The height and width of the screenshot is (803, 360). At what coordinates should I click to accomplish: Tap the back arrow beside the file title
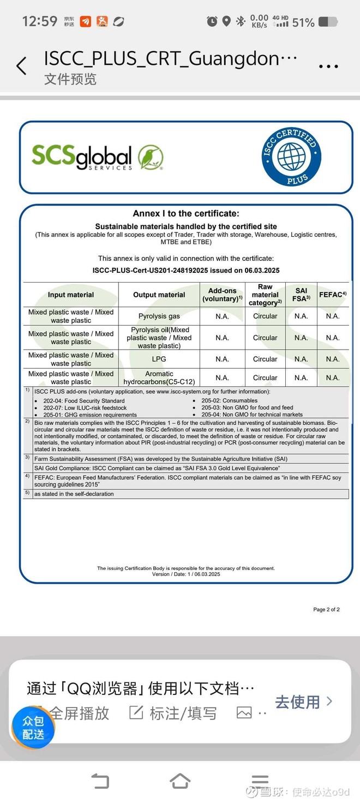pyautogui.click(x=21, y=66)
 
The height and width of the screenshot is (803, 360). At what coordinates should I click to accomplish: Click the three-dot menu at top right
pyautogui.click(x=328, y=67)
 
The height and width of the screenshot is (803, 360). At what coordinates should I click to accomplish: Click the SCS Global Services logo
pyautogui.click(x=98, y=157)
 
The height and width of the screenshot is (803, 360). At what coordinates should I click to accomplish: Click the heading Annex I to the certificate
pyautogui.click(x=186, y=214)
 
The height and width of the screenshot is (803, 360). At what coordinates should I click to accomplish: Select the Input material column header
pyautogui.click(x=71, y=295)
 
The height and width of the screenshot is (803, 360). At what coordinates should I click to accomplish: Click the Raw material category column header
pyautogui.click(x=265, y=295)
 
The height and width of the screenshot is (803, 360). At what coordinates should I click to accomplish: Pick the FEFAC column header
pyautogui.click(x=333, y=295)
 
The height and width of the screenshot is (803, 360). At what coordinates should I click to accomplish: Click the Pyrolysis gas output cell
pyautogui.click(x=159, y=316)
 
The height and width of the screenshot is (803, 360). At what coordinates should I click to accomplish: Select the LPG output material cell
pyautogui.click(x=159, y=359)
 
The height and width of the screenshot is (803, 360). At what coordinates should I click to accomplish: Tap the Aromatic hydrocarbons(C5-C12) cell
pyautogui.click(x=159, y=377)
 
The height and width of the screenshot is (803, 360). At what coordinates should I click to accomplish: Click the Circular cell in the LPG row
pyautogui.click(x=265, y=359)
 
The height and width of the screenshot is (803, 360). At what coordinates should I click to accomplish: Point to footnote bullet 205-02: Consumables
pyautogui.click(x=229, y=400)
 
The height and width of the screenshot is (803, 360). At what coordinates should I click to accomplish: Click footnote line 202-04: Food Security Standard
pyautogui.click(x=84, y=401)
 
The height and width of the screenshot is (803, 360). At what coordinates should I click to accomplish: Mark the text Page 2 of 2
pyautogui.click(x=326, y=609)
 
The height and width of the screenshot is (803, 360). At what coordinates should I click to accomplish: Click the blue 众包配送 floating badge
pyautogui.click(x=33, y=728)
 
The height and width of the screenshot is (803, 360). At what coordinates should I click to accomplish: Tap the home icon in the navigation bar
pyautogui.click(x=180, y=781)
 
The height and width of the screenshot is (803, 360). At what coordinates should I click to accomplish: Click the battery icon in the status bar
pyautogui.click(x=328, y=22)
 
